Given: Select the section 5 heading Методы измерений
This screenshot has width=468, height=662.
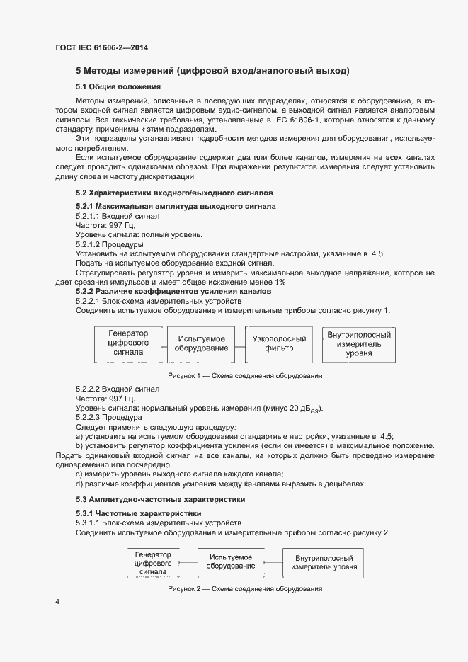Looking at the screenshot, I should [212, 71].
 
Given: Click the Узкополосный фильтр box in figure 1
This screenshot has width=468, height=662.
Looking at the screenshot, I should [279, 343].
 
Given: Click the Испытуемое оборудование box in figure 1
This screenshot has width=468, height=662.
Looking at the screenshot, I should [202, 343].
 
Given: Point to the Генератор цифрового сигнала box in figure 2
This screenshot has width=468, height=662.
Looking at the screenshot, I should [153, 562].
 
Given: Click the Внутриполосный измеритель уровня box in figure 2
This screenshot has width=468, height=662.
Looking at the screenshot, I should [326, 562].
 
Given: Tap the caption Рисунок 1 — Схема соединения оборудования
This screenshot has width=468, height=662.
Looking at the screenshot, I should [244, 376].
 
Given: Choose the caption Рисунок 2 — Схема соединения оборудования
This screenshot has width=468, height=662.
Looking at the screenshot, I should [244, 589].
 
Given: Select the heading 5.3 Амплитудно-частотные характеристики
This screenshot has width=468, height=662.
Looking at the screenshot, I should [161, 500].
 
